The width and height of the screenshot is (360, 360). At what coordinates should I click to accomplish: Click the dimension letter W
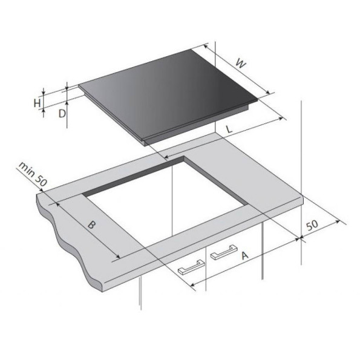coord(241,64)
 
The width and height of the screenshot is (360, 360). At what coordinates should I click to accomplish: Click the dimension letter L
coord(229,129)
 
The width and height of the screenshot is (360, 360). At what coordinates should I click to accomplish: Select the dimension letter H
coord(37,103)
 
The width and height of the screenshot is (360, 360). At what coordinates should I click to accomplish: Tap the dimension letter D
coord(62,113)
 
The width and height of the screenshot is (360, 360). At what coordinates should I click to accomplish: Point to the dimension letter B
coord(91,224)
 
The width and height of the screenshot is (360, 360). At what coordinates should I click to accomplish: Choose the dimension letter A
coord(245,255)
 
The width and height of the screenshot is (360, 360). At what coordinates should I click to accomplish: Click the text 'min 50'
coord(33,174)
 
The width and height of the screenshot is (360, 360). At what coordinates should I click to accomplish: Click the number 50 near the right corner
coord(313,225)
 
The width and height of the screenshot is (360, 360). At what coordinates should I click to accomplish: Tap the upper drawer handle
coord(224,252)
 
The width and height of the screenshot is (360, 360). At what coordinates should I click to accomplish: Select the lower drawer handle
coord(191,267)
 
